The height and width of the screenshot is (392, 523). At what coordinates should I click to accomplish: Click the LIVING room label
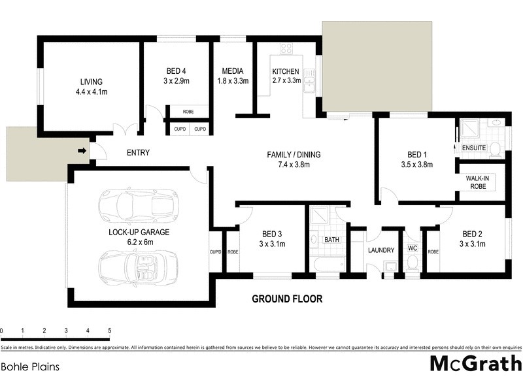click(92, 82)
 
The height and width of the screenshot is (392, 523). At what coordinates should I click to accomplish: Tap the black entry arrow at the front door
click(81, 152)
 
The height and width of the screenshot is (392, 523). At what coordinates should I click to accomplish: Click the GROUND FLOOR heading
click(288, 299)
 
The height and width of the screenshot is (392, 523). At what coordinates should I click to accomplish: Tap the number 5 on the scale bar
click(109, 331)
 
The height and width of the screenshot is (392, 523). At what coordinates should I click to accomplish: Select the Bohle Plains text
click(31, 367)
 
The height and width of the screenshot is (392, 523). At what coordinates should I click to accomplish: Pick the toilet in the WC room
click(412, 263)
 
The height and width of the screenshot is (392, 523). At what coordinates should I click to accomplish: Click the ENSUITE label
click(474, 148)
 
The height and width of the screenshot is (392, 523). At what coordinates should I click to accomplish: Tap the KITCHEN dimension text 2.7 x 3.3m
click(286, 81)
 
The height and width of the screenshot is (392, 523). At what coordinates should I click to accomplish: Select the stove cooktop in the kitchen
click(286, 48)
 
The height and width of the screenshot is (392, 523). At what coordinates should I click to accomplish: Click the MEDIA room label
click(233, 71)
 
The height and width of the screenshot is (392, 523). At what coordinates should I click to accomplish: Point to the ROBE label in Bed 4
click(188, 112)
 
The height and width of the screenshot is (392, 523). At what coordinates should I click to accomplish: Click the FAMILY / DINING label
click(294, 155)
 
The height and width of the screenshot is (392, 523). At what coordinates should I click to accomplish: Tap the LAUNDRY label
click(381, 250)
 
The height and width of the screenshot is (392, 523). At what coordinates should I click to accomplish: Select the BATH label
click(332, 240)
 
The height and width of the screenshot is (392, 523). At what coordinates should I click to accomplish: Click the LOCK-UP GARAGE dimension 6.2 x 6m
click(139, 242)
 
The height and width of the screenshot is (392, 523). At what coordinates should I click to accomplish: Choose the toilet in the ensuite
click(496, 150)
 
